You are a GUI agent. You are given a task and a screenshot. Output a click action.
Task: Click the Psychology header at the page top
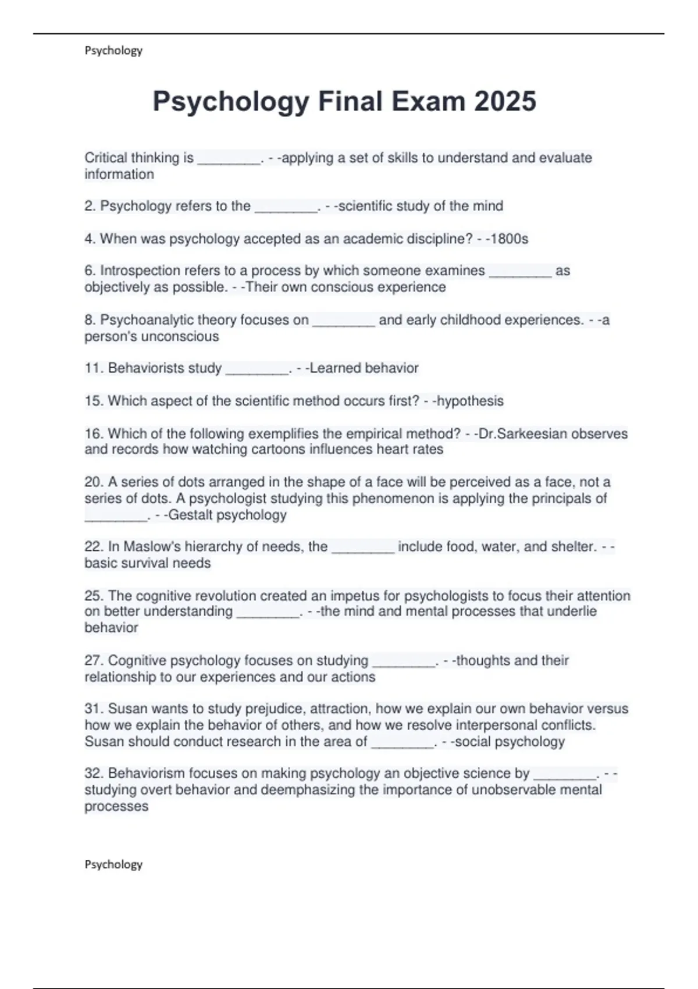click(113, 51)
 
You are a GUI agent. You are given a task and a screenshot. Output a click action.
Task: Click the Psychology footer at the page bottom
click(113, 865)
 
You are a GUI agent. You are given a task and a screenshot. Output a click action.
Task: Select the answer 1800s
click(510, 239)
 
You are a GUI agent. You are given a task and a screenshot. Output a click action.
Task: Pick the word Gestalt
click(190, 515)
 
